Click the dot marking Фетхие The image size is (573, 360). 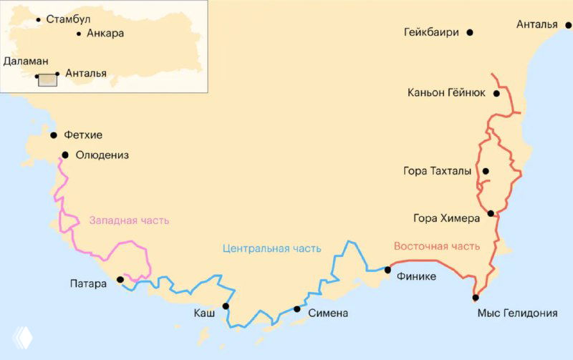point(54,135)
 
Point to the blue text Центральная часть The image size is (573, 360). point(271,248)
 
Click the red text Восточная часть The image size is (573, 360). point(436,246)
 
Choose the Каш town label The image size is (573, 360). point(204,313)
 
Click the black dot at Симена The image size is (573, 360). point(297,309)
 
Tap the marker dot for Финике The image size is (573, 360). point(388,270)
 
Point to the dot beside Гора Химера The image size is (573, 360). point(491,213)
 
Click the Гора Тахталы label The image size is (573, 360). point(438,171)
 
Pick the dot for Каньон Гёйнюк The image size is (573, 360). point(496,93)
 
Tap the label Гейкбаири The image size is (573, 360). point(431,32)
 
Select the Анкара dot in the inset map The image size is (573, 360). point(78,34)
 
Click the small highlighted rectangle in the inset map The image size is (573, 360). point(47,79)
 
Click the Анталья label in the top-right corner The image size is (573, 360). point(536,24)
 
